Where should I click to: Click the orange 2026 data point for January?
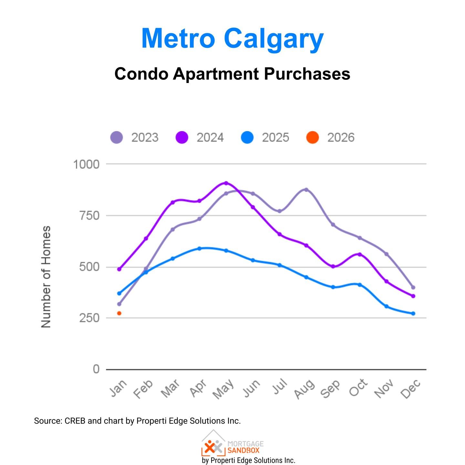point(119,313)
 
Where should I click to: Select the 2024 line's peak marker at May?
point(226,183)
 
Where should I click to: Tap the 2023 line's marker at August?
point(306,190)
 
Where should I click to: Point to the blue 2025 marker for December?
point(413,314)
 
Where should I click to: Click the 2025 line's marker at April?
point(199,249)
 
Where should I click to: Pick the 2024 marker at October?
point(360,254)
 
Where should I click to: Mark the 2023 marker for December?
point(413,287)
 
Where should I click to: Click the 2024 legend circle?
point(182,138)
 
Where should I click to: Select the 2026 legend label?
point(341,138)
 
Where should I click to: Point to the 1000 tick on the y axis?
point(86,164)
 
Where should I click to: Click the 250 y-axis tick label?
point(89,318)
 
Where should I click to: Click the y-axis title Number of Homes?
point(46,277)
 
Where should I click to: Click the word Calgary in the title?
point(274,39)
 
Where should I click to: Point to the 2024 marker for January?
point(119,269)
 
